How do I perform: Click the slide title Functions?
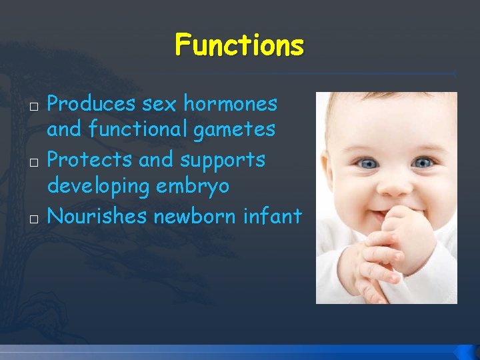(x=239, y=46)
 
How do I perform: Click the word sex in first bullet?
(x=159, y=104)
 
